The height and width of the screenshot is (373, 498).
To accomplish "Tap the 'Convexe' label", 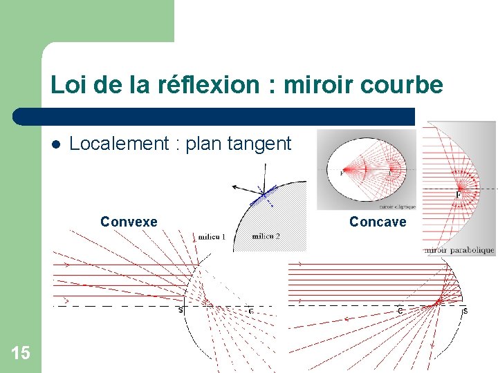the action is pos(129,222).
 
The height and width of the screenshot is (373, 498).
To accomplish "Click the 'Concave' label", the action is pos(378,222).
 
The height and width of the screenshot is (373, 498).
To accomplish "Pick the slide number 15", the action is pos(21,354).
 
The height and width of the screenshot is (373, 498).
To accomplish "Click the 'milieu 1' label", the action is pos(212,237).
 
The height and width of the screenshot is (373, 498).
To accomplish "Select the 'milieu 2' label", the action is pos(266,236).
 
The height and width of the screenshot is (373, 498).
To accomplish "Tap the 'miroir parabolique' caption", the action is pos(460,250).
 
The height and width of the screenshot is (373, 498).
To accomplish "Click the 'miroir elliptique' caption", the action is pos(397,206).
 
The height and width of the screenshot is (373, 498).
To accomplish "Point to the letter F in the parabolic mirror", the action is pos(458,195).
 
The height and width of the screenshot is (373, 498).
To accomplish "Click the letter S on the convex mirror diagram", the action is pos(181,310).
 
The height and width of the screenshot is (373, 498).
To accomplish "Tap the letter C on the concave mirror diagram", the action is pos(400,311).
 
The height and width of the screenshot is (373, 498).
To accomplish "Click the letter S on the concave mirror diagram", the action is pos(465,311).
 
